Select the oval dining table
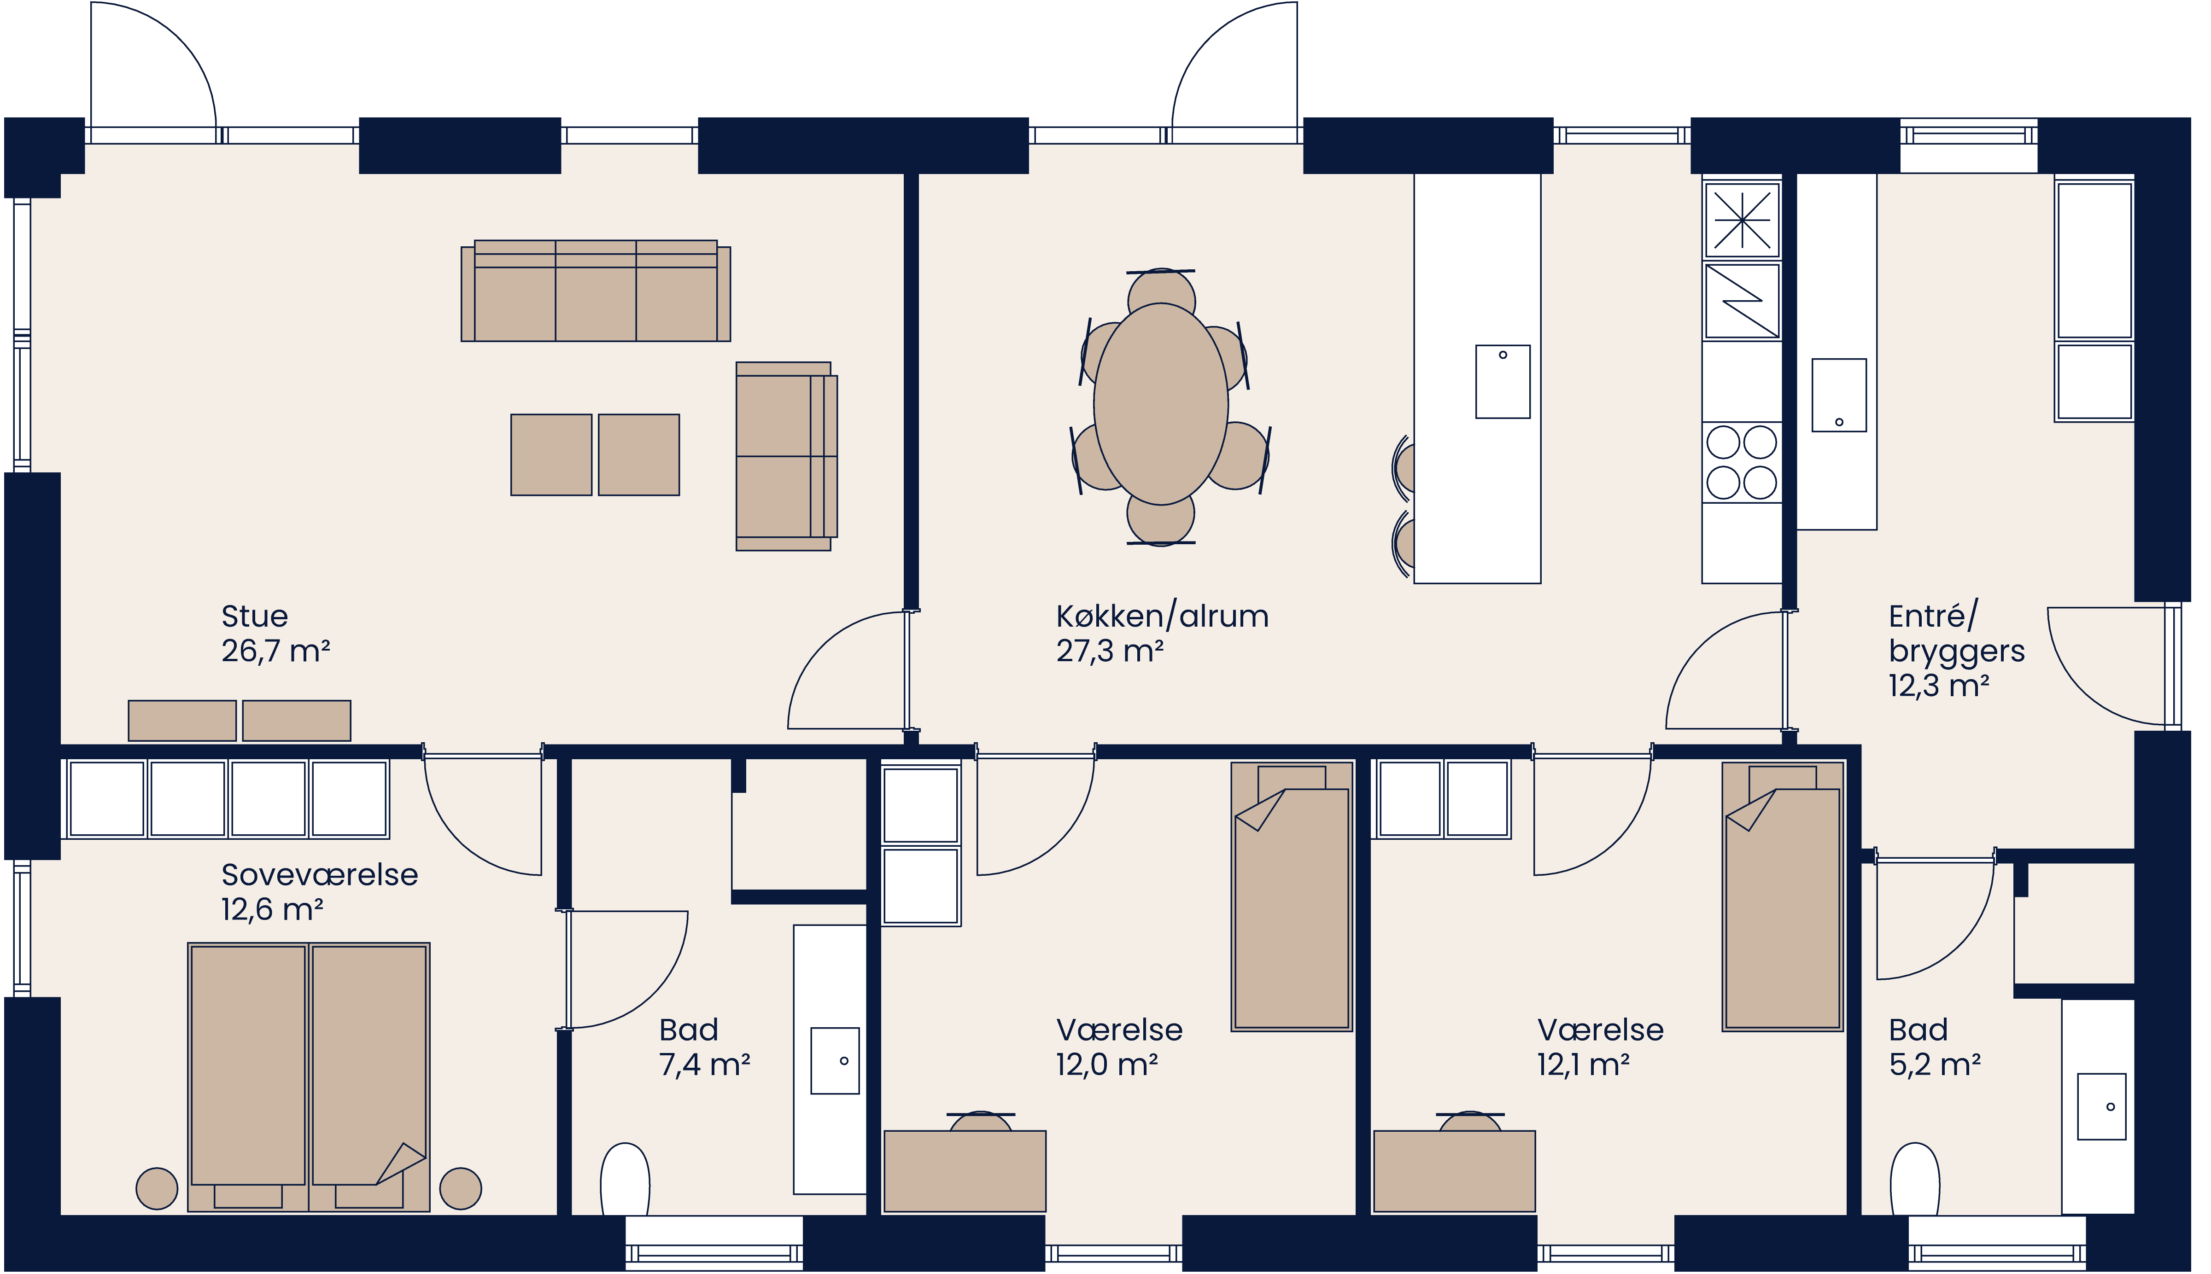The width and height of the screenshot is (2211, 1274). (1161, 404)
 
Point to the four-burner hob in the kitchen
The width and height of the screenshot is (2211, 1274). (1741, 462)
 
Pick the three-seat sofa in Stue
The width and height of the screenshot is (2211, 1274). (595, 291)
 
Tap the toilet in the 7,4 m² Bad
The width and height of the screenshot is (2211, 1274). (625, 1180)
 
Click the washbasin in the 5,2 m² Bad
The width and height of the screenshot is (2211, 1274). (2101, 1107)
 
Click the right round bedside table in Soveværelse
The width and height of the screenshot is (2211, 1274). (461, 1188)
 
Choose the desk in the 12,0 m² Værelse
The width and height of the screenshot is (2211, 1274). (965, 1171)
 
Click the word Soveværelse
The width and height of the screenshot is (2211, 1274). (320, 875)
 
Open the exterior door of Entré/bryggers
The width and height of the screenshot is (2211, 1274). (2110, 665)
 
